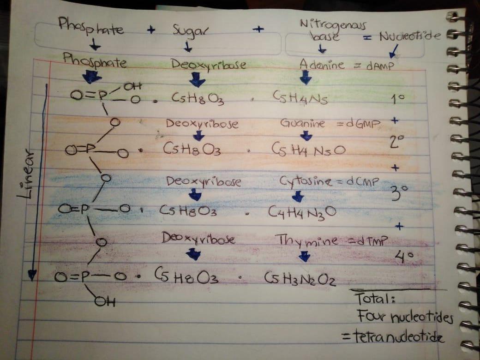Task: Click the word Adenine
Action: [x=322, y=65]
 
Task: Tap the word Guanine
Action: [x=302, y=124]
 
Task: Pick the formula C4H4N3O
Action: [x=302, y=213]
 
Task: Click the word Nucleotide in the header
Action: [x=408, y=36]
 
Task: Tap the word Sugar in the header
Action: [x=191, y=31]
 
